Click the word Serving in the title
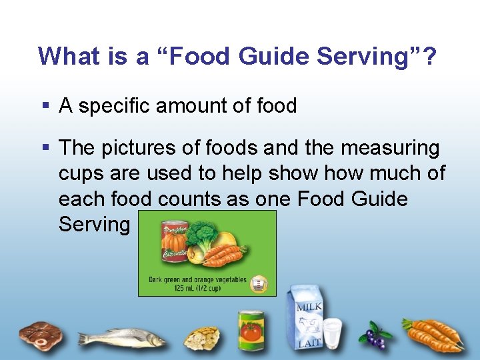coord(364,57)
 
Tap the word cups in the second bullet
coord(81,173)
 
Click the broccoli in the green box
coord(203,237)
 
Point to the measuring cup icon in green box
coord(258,284)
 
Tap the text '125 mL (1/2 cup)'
coord(197,288)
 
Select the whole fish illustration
coord(120,336)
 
